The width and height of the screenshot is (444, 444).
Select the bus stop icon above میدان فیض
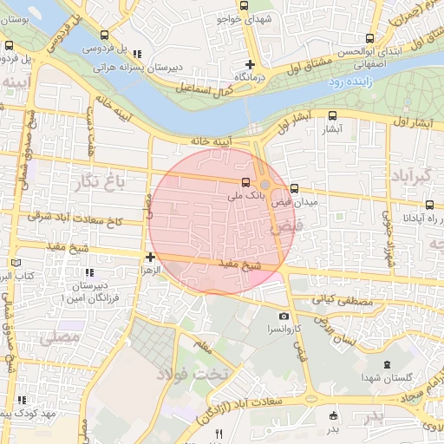coord(294,188)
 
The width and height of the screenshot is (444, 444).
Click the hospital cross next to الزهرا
coord(151,257)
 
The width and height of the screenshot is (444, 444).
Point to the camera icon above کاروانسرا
coord(284,317)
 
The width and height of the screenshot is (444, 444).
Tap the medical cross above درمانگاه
coord(250,64)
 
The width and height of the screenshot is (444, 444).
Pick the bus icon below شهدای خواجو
coord(243,6)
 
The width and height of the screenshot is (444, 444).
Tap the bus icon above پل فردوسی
coord(105,36)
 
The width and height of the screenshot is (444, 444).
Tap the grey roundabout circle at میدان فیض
coord(265,185)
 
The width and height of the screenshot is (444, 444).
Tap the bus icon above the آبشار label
coord(334,115)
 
